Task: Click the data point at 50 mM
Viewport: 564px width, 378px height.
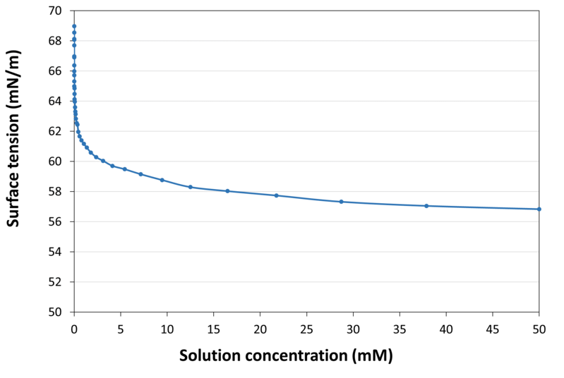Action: click(539, 209)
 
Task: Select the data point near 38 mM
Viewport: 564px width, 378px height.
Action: click(426, 206)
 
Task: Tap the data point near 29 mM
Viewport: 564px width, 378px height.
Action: click(341, 202)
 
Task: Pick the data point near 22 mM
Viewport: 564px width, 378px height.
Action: click(276, 195)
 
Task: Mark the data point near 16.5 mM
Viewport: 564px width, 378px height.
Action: click(227, 191)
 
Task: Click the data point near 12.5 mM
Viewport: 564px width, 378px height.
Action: click(190, 187)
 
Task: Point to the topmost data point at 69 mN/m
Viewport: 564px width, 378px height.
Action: click(74, 26)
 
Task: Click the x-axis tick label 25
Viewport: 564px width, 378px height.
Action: click(306, 328)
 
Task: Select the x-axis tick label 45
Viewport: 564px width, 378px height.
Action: click(493, 328)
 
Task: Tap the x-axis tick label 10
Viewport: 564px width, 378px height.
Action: click(167, 328)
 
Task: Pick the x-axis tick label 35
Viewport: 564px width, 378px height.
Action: click(400, 328)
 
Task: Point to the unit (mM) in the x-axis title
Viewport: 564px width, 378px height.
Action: click(371, 356)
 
